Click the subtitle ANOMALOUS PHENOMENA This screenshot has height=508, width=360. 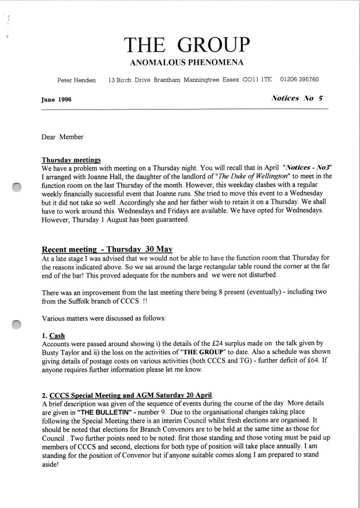coord(186,63)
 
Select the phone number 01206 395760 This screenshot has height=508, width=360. coord(299,79)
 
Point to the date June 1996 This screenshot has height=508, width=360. coord(57,99)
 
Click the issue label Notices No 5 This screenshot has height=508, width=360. coord(298,98)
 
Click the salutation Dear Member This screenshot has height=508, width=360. coord(63,137)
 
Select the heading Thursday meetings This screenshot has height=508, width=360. coord(71,160)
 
